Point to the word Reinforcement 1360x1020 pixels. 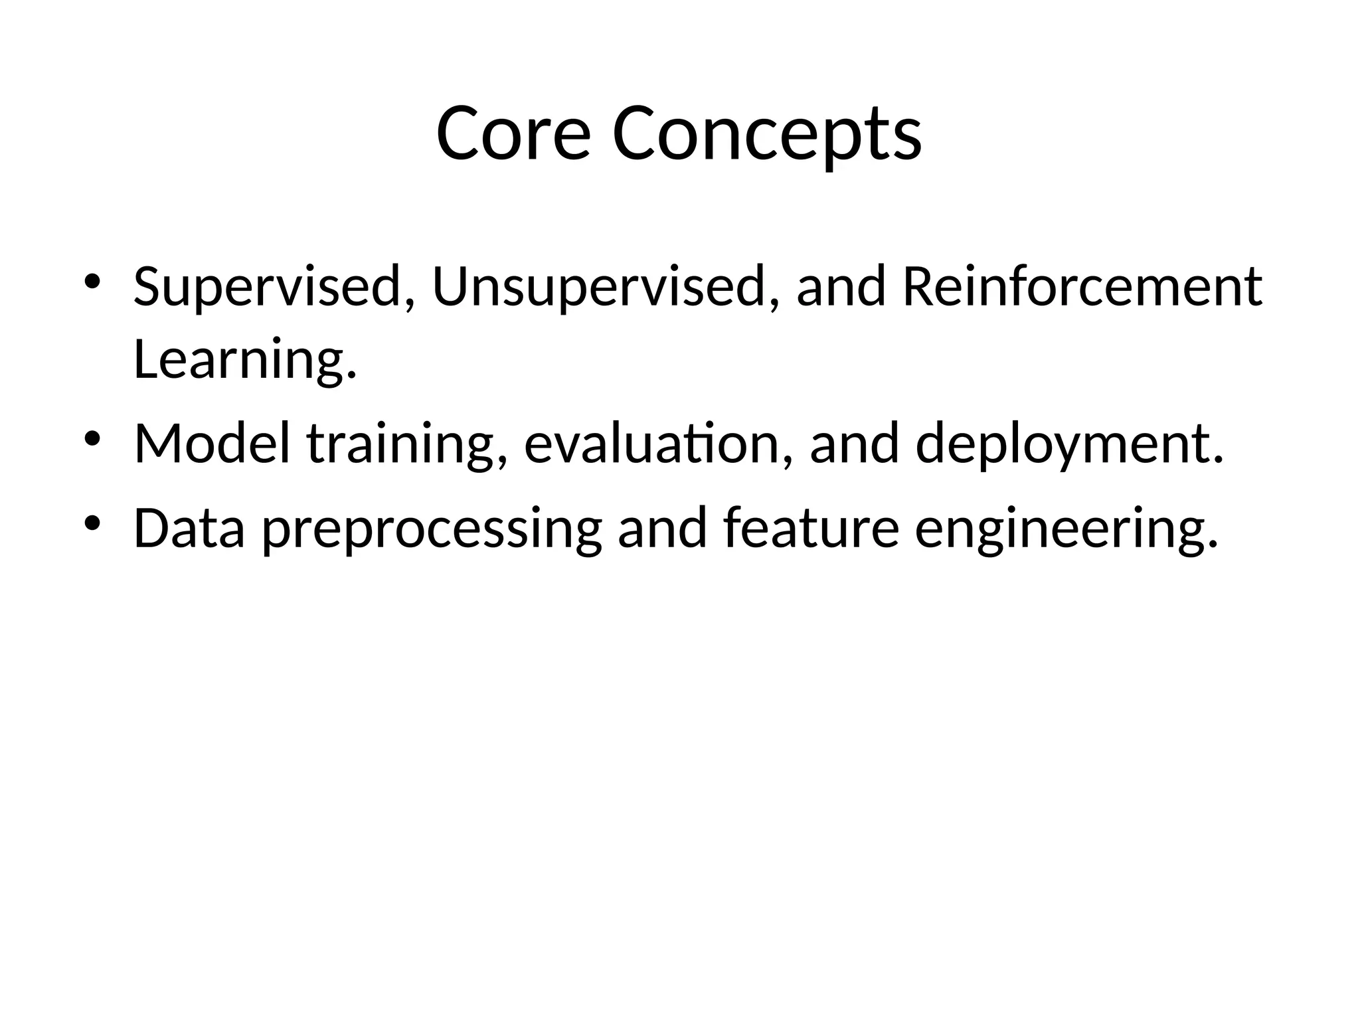point(1082,287)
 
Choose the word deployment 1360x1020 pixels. point(1069,444)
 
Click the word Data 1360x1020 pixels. point(190,529)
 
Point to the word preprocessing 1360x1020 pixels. point(432,529)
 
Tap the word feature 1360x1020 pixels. point(811,529)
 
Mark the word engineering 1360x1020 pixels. point(1066,529)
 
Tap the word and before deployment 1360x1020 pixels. point(855,444)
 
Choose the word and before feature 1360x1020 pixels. point(662,529)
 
